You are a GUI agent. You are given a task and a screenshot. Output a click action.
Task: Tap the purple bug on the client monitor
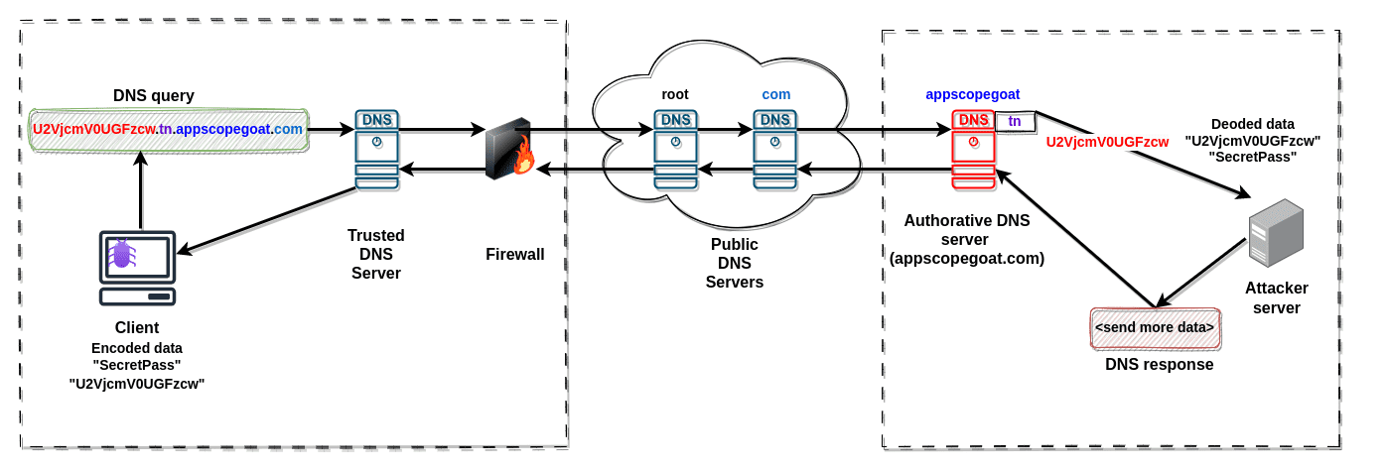coord(122,254)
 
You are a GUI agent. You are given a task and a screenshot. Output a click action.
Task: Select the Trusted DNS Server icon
coord(376,149)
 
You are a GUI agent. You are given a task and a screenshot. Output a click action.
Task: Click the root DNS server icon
coord(675,149)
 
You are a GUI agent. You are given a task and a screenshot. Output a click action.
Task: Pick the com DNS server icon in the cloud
coord(774,149)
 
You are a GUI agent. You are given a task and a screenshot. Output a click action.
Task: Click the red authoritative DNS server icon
coord(973,149)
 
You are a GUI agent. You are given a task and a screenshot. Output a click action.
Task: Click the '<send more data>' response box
coord(1155,327)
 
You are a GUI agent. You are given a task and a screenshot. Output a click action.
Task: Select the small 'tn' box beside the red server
coord(1015,121)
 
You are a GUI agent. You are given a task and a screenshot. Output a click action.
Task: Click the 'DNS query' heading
coord(154,96)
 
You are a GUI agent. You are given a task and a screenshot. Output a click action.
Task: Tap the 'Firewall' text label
coord(514,255)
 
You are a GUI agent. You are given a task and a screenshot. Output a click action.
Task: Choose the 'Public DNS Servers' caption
coord(734,263)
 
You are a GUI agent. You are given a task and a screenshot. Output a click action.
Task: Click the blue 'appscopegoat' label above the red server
coord(972,94)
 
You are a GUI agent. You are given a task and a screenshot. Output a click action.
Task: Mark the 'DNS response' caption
coord(1159,364)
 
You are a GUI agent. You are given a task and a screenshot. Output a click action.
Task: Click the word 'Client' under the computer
coord(137,327)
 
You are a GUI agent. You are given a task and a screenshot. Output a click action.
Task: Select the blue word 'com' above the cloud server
coord(775,94)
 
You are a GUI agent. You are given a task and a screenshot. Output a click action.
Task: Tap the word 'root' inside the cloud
coord(675,94)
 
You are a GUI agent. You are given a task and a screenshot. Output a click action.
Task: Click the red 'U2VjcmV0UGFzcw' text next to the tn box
coord(1107,142)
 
